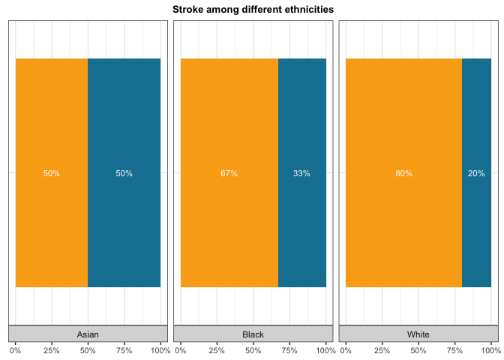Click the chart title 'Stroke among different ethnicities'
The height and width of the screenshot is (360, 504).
pyautogui.click(x=253, y=10)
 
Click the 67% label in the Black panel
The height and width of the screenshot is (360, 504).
pyautogui.click(x=229, y=173)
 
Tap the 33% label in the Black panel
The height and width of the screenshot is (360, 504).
pyautogui.click(x=301, y=173)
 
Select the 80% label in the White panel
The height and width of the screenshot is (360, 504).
pyautogui.click(x=403, y=173)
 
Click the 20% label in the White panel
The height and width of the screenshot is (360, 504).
pyautogui.click(x=476, y=173)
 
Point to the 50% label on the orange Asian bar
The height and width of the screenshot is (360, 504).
pyautogui.click(x=52, y=173)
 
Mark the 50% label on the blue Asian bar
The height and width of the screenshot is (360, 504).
pyautogui.click(x=124, y=173)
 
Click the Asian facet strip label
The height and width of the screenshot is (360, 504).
pyautogui.click(x=88, y=334)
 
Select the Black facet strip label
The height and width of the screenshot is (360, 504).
pyautogui.click(x=253, y=334)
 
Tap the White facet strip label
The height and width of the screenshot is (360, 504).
pyautogui.click(x=418, y=334)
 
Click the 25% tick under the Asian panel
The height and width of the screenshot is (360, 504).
pyautogui.click(x=52, y=350)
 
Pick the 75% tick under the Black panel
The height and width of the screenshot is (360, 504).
pyautogui.click(x=289, y=350)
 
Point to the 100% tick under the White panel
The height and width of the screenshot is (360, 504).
pyautogui.click(x=490, y=350)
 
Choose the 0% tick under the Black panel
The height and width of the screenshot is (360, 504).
pyautogui.click(x=181, y=350)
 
